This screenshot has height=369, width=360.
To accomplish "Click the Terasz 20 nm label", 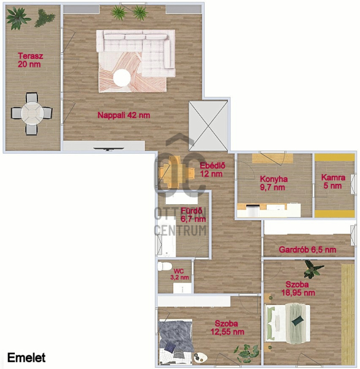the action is (x=30, y=60).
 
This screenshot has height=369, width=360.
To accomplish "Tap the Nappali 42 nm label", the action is (x=123, y=115).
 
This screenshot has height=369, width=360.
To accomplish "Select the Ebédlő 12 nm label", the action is (x=213, y=170).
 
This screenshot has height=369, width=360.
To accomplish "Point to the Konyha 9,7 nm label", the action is (x=274, y=183).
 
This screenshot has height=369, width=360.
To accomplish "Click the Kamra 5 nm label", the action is (x=333, y=181).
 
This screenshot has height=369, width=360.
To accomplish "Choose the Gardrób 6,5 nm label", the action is (x=307, y=250).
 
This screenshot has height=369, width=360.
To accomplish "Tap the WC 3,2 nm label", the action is (x=179, y=274).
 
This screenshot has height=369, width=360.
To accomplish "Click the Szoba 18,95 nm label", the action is (x=298, y=288).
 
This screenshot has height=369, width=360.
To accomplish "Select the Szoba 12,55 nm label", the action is (x=227, y=328).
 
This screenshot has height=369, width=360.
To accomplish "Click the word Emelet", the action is (x=26, y=358).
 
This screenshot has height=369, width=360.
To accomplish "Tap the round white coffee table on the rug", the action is (x=122, y=78).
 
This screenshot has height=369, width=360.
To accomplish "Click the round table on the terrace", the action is (x=32, y=113).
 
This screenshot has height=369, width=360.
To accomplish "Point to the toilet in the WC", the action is (x=165, y=267).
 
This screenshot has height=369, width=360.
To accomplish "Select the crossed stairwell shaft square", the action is (x=208, y=125).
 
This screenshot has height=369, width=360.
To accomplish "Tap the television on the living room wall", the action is (x=108, y=149).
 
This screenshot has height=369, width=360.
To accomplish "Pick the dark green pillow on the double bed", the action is (x=297, y=320).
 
